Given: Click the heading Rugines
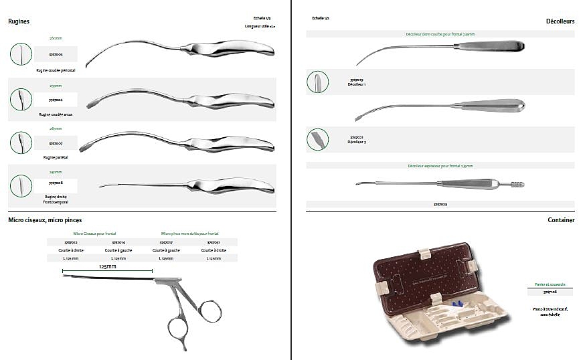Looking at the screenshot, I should point(19,21).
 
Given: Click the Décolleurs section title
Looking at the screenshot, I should point(560,21).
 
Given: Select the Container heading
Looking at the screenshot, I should point(561,219).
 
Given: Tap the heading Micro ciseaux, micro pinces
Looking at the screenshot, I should point(45,219).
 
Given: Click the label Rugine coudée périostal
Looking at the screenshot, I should point(56,70).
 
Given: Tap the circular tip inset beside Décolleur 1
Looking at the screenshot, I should point(317,82).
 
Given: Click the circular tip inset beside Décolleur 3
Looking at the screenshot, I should point(317,139).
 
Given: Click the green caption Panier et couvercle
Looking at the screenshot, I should point(550,284).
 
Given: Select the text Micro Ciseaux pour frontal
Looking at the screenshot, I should point(94,233).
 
